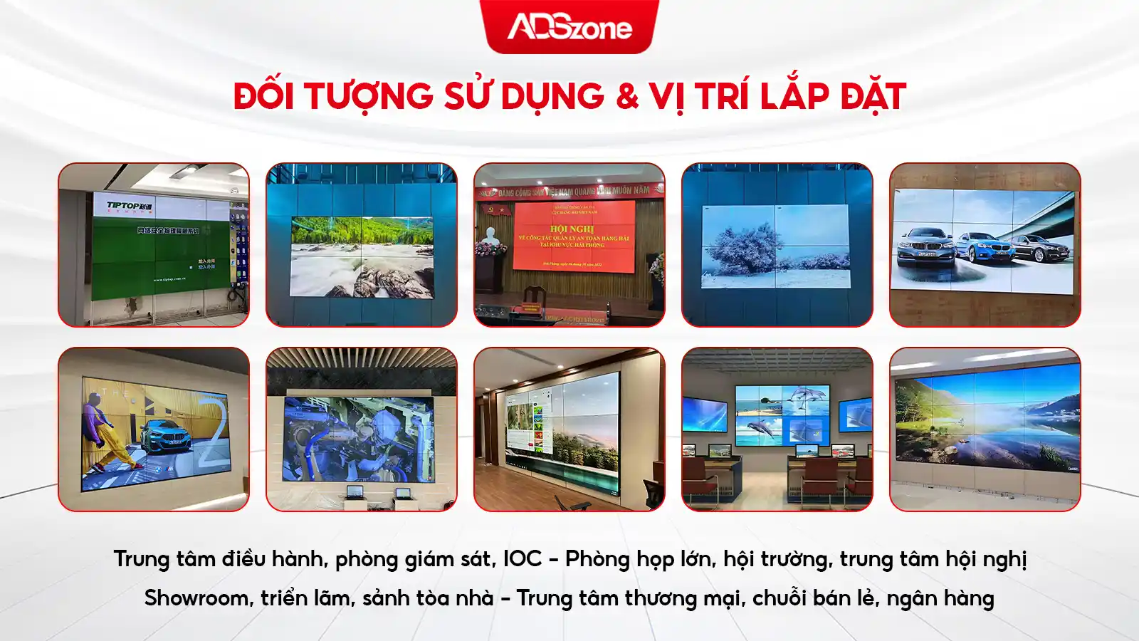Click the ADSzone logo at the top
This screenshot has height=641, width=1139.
point(569,27)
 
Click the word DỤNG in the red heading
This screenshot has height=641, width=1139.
point(552,97)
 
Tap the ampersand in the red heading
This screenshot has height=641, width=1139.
point(627,97)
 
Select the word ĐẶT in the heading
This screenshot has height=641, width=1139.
point(873,97)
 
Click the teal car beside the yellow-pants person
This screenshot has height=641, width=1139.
point(167,436)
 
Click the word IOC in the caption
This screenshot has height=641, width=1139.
point(523,559)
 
